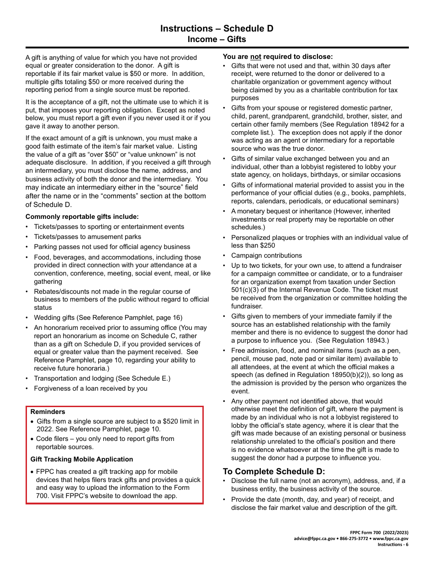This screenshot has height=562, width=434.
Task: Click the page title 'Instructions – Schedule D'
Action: click(x=217, y=28)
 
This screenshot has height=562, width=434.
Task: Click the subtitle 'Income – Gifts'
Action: click(x=217, y=39)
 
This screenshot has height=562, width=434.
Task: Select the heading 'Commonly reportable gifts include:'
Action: click(x=82, y=217)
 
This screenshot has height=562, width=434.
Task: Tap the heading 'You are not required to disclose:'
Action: click(x=278, y=57)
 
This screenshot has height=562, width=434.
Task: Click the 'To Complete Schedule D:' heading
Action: click(x=274, y=471)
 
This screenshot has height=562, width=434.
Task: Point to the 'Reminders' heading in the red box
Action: click(x=48, y=412)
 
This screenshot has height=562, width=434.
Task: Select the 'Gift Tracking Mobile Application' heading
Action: click(x=82, y=459)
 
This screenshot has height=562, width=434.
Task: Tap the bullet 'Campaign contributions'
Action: click(x=266, y=255)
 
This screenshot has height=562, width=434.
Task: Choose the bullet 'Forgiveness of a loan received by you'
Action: click(x=90, y=388)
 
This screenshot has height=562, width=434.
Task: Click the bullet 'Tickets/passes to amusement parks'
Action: click(x=87, y=237)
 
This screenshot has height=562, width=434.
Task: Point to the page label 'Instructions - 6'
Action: click(x=393, y=544)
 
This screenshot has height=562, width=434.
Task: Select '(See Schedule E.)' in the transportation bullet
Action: click(x=143, y=378)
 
